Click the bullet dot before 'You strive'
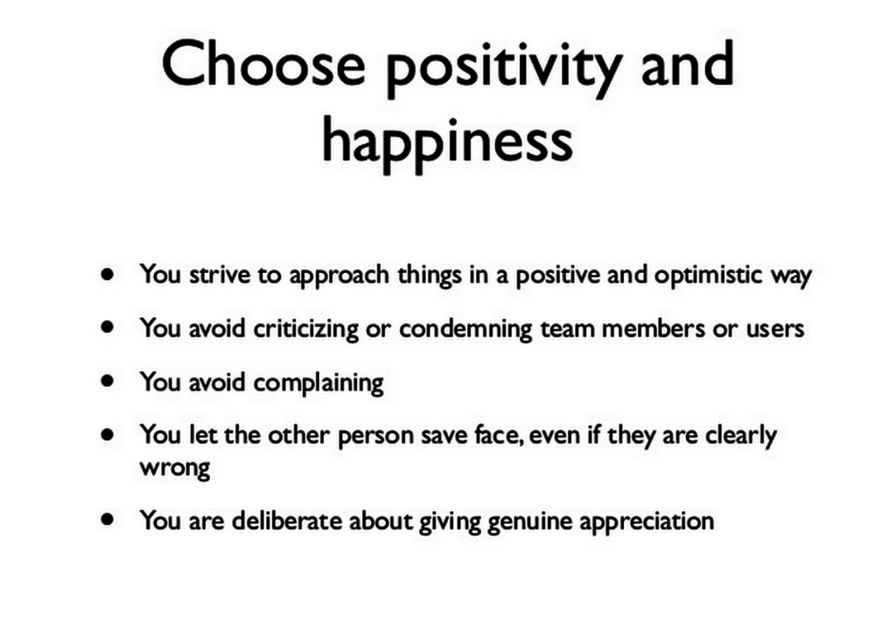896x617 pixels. coord(108,274)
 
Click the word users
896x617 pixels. coord(774,329)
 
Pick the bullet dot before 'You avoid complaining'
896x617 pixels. coord(108,381)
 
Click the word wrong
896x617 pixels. coord(175,468)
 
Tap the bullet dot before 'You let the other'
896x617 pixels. coord(108,434)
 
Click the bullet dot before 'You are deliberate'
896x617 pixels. coord(108,519)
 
